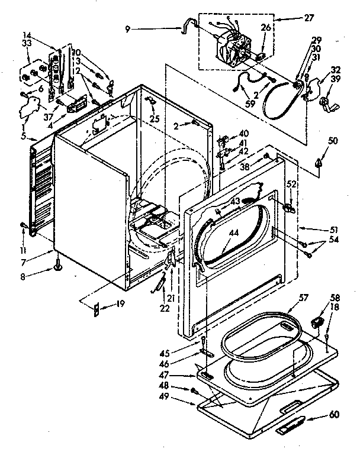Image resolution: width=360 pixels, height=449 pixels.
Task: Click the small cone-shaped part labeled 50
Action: [319, 161]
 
